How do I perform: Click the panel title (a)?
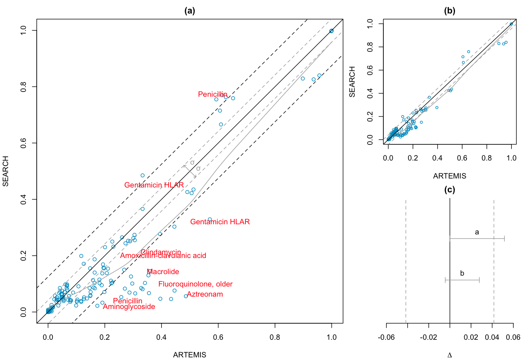click(190, 11)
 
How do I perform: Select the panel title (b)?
click(449, 11)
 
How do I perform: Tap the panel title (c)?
click(449, 189)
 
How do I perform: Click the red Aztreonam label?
click(205, 294)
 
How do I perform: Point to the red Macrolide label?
click(163, 271)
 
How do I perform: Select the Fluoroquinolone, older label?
click(195, 284)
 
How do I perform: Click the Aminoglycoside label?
click(129, 307)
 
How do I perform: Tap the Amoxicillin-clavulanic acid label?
click(163, 256)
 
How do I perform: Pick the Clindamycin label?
click(161, 252)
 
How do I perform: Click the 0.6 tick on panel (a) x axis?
click(218, 337)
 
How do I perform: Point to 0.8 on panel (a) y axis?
click(23, 87)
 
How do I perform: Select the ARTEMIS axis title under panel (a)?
click(190, 355)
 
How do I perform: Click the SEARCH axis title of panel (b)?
click(352, 82)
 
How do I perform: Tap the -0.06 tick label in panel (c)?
click(386, 337)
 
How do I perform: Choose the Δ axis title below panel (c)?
click(450, 355)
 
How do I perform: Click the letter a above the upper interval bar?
click(477, 232)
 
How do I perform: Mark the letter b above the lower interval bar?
click(462, 273)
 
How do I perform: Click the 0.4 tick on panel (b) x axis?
click(437, 158)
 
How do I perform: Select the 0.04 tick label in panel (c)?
click(492, 337)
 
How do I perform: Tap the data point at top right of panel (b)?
click(511, 24)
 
